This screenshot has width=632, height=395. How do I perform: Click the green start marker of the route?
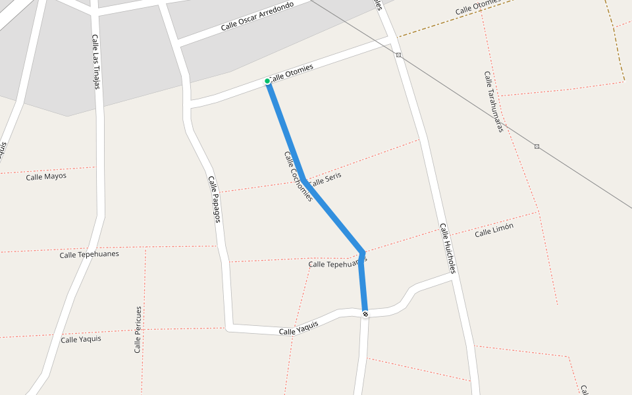click(x=267, y=81)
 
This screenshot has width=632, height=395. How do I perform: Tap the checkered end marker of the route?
click(x=365, y=314)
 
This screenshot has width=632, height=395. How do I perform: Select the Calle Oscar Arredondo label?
click(x=257, y=16)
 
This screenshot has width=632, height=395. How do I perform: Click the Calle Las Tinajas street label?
click(x=96, y=61)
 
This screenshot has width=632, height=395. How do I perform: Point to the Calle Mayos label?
click(x=46, y=176)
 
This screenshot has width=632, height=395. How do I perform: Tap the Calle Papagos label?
click(x=214, y=199)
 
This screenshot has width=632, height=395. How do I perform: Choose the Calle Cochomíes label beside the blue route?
click(x=298, y=176)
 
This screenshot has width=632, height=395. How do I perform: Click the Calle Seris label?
click(x=325, y=178)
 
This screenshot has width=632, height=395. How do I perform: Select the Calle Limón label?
click(x=494, y=230)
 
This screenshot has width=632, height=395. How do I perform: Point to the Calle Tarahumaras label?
click(x=494, y=102)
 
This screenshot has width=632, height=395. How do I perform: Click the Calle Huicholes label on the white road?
click(x=448, y=248)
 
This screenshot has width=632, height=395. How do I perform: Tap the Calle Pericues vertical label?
click(x=138, y=329)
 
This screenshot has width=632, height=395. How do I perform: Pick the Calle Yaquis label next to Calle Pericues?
click(x=81, y=339)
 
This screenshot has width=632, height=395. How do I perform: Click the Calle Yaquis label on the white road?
click(x=299, y=328)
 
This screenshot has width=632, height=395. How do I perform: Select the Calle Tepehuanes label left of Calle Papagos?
click(x=90, y=254)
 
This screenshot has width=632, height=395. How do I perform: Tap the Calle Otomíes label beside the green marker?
click(x=292, y=72)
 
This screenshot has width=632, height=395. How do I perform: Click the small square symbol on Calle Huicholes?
click(x=398, y=55)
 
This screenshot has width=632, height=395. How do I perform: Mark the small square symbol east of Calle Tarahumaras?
click(x=537, y=146)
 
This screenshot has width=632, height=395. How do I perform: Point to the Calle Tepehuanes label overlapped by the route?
click(x=336, y=263)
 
